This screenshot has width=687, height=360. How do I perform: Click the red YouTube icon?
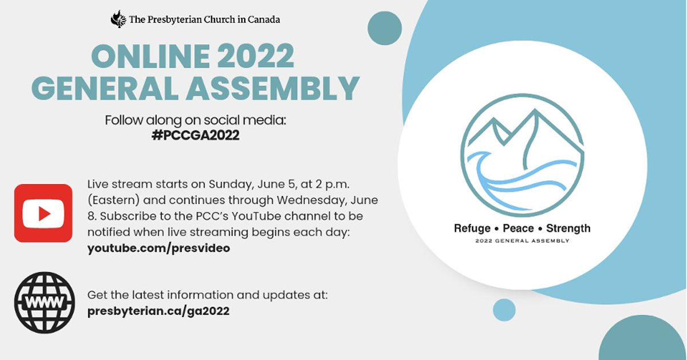click(44, 213)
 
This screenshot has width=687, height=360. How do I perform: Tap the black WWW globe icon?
click(45, 302)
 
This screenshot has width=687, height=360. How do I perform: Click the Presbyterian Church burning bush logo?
click(119, 19)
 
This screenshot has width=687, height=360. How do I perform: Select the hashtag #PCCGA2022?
click(195, 135)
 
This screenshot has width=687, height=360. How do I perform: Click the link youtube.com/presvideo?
click(159, 248)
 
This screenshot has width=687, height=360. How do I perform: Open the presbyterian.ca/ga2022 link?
click(158, 311)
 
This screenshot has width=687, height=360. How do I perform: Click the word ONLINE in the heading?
click(151, 56)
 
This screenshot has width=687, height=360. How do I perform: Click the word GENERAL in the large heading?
click(105, 88)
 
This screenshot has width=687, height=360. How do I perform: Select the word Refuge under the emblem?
click(472, 229)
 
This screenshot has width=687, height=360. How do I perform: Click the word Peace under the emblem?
click(518, 228)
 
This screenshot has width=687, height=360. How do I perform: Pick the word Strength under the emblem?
click(568, 229)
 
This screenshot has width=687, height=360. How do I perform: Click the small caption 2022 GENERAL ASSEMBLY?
click(522, 241)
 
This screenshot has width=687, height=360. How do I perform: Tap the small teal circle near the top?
click(385, 28)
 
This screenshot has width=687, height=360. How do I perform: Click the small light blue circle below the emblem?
click(504, 310)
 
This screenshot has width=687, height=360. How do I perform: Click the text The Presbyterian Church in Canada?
click(204, 19)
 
